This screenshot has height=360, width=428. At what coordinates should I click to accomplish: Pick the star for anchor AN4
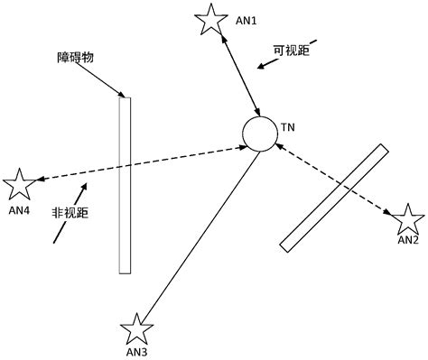click(x=19, y=186)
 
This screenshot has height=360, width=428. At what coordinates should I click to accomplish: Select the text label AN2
click(x=408, y=240)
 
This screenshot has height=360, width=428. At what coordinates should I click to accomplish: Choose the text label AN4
click(x=19, y=209)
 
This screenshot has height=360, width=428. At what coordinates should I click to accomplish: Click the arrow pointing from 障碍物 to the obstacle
click(x=103, y=81)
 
